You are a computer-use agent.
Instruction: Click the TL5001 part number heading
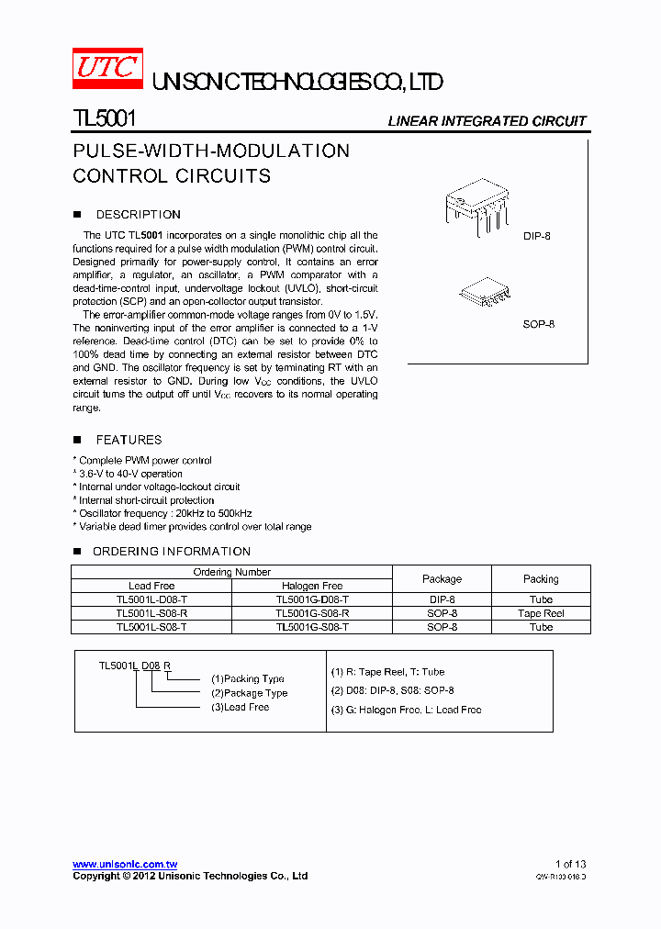click(105, 119)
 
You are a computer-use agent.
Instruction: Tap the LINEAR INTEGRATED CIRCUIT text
click(487, 121)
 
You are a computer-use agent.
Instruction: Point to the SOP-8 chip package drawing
click(486, 293)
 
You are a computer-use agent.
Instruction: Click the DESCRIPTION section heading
click(138, 215)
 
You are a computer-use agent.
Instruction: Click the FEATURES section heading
click(129, 441)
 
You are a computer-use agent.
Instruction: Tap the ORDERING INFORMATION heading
click(171, 552)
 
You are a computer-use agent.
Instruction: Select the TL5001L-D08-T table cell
click(151, 599)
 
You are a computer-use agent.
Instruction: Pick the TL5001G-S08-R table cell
click(312, 613)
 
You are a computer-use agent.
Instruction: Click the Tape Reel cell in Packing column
click(541, 613)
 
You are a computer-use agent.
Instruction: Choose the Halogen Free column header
click(312, 586)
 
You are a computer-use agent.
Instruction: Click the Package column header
click(442, 579)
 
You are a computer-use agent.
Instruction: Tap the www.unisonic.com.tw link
click(125, 864)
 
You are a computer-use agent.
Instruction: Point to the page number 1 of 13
click(570, 864)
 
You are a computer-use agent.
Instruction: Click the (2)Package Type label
click(250, 693)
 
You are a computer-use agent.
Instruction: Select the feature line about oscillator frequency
click(165, 513)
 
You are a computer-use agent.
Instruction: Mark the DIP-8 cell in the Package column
click(442, 599)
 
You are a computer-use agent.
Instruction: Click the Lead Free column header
click(151, 586)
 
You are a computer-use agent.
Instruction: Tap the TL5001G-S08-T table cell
click(312, 627)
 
